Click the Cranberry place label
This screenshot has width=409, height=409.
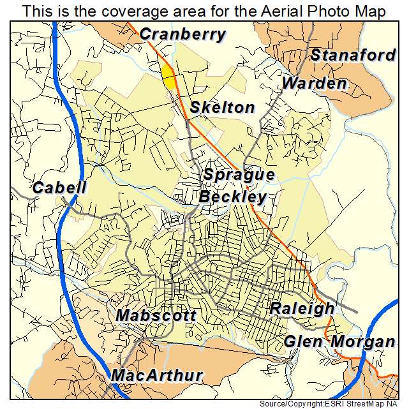[182, 34]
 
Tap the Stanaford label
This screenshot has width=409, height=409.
[353, 56]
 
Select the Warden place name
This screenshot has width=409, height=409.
[315, 84]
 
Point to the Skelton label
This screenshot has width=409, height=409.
[222, 108]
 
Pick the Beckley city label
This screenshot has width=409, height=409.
[232, 197]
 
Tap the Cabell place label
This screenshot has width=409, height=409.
[59, 188]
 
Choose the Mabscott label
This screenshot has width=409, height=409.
[156, 316]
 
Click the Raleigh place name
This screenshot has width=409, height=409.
[302, 309]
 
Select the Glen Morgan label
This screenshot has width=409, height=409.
[339, 341]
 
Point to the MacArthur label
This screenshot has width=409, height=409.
[157, 375]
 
